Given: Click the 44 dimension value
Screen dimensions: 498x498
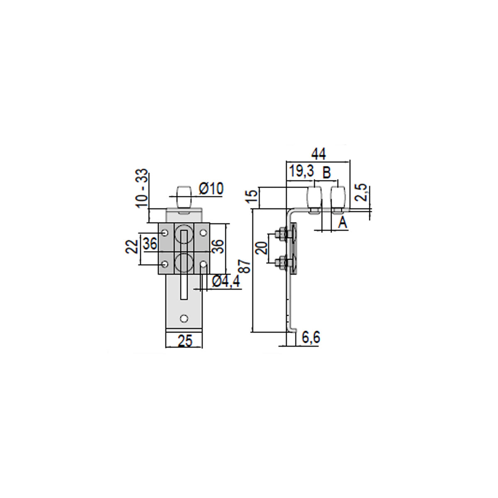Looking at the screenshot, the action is click(318, 154).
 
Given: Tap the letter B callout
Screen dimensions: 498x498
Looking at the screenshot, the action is click(327, 173).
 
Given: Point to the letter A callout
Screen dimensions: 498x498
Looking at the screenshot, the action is click(343, 223).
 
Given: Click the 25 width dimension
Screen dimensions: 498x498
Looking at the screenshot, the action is click(185, 341).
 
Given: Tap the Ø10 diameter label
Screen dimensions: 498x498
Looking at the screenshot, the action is click(211, 189).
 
